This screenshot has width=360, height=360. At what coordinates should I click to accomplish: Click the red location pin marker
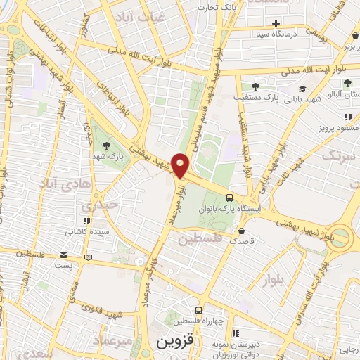pos(181,166)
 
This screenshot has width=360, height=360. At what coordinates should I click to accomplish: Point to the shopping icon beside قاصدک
pos(243,231)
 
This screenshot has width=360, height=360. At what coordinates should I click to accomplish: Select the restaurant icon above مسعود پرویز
pos(347,117)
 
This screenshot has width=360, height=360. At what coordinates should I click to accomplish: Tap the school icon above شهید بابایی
pos(302,89)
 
